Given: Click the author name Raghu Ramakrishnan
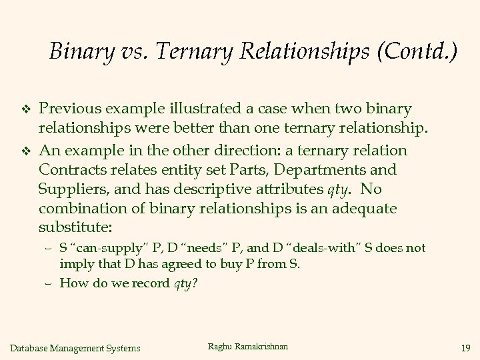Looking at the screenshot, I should tap(249, 346).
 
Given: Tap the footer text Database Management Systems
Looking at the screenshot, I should tap(76, 347).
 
